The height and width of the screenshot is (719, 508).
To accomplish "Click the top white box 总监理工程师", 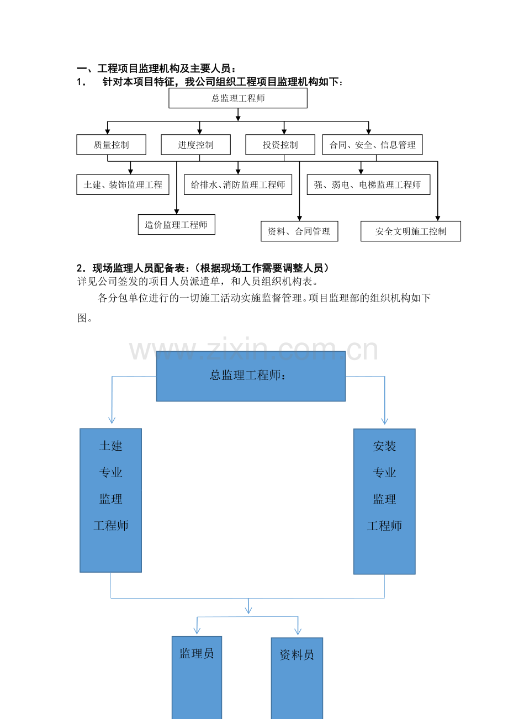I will (x=238, y=98).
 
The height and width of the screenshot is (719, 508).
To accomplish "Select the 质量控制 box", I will (x=111, y=145).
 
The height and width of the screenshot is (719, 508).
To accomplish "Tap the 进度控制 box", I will (x=195, y=145).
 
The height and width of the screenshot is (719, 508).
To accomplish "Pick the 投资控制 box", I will (x=280, y=145).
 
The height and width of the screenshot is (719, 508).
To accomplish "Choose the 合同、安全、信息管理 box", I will (x=373, y=145).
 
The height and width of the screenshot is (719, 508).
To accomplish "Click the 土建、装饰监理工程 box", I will (x=123, y=185).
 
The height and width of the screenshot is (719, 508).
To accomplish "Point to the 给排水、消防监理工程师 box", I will (x=238, y=185).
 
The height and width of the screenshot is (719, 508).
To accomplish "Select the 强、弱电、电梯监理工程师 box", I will (x=368, y=185).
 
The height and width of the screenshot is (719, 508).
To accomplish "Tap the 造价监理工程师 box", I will (x=176, y=225).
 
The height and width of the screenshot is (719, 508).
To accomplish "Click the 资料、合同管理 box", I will (x=299, y=231).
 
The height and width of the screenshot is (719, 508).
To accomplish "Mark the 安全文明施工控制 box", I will (x=410, y=231).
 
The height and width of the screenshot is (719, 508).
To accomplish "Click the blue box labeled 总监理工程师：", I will (x=251, y=376).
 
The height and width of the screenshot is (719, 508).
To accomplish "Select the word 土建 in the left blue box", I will (x=110, y=446).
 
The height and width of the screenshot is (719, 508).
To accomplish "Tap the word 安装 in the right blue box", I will (x=384, y=446).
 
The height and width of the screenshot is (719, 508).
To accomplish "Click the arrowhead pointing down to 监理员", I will (x=197, y=630).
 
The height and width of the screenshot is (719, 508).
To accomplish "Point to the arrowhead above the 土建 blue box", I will (x=112, y=420).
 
